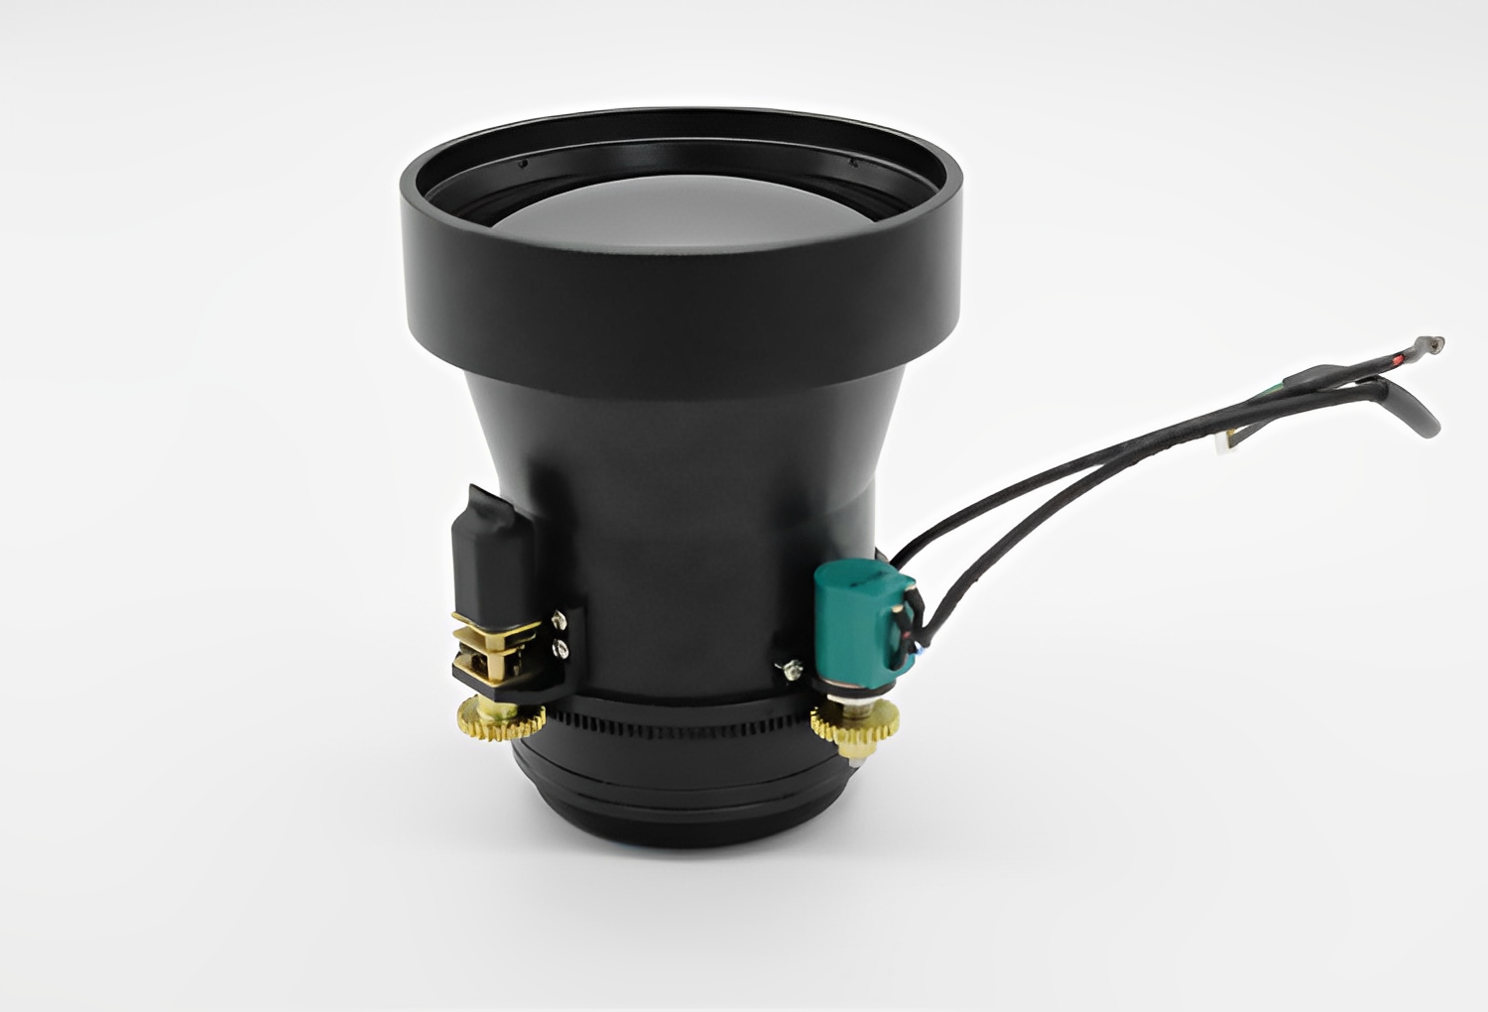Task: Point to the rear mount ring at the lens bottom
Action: pos(684,804)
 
